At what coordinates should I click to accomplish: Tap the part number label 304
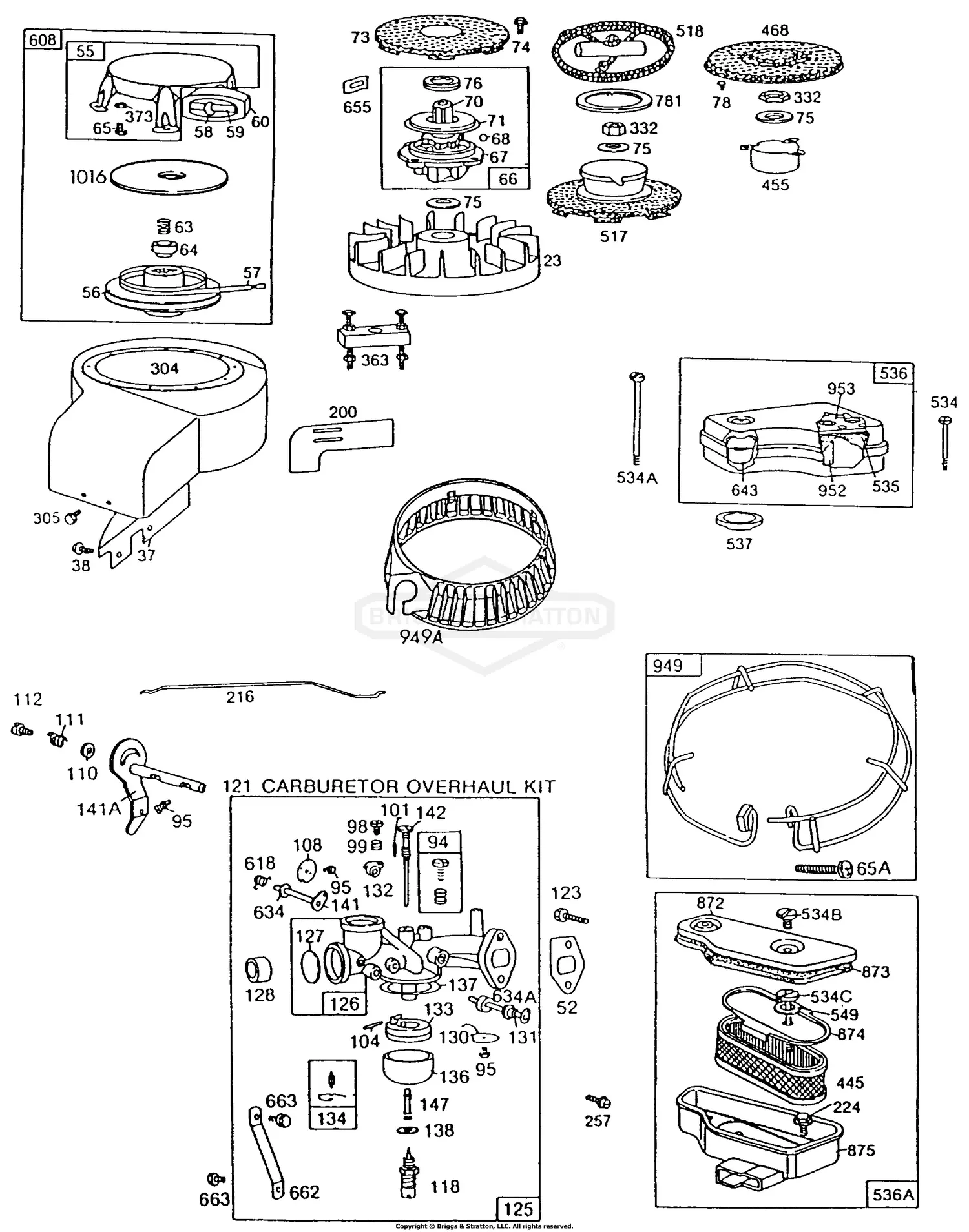point(164,368)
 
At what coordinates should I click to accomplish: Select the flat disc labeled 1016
point(169,176)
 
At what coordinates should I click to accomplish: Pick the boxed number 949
point(667,665)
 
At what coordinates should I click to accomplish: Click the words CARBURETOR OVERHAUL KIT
point(408,786)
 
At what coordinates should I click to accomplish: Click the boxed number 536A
point(893,1194)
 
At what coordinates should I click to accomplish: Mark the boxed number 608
point(43,40)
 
